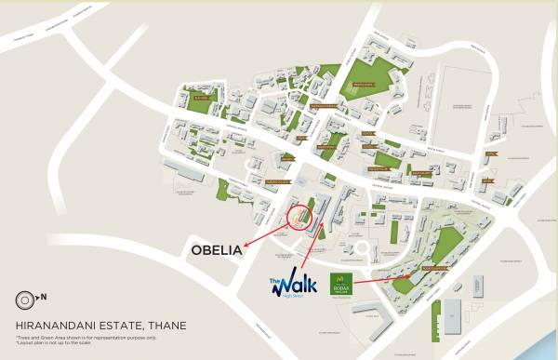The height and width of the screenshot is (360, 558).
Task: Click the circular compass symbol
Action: pyautogui.click(x=25, y=300)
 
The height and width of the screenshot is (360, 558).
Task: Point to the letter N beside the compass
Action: pyautogui.click(x=43, y=300)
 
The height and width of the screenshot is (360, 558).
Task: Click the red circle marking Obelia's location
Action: pyautogui.click(x=299, y=217)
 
